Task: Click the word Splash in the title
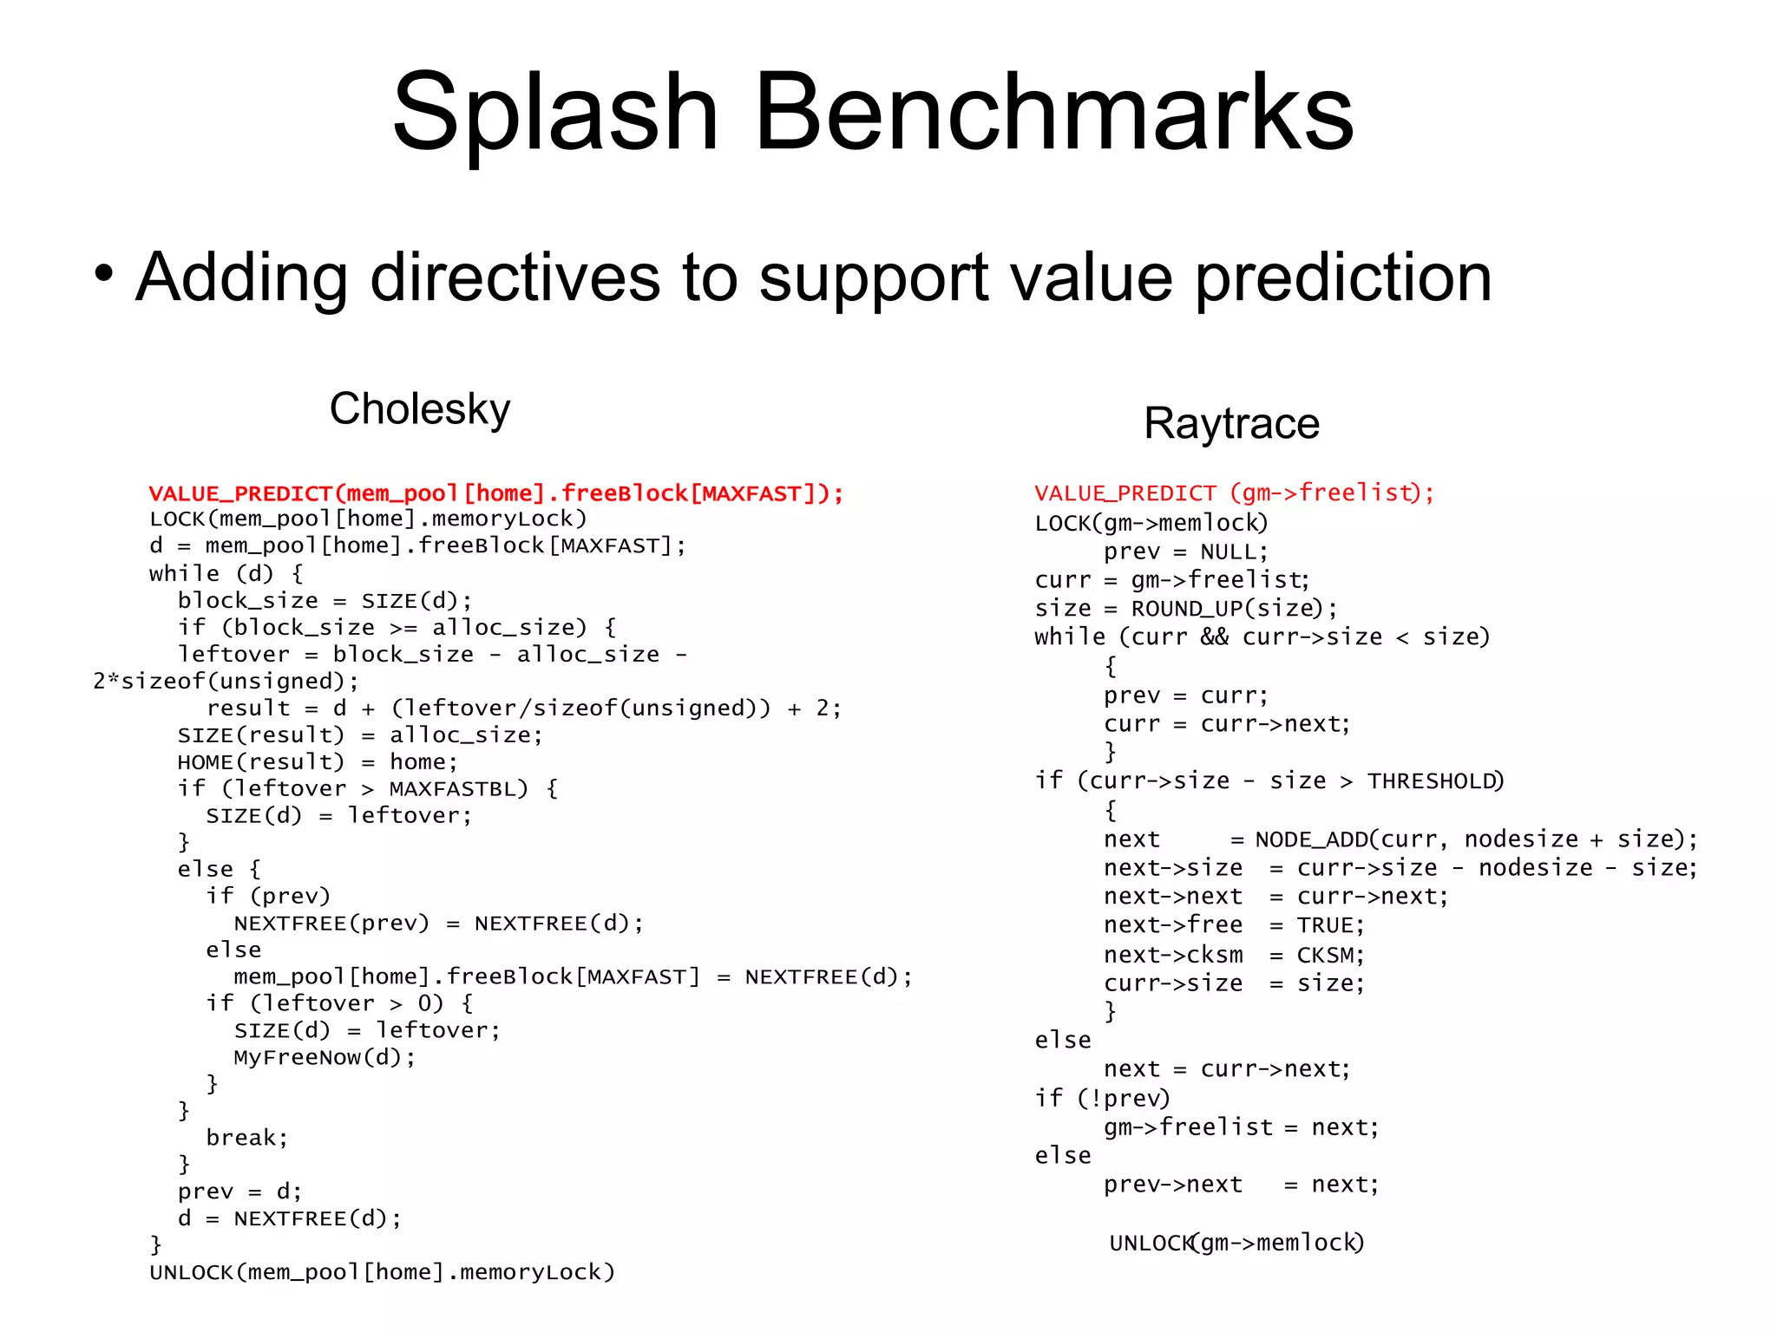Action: (555, 113)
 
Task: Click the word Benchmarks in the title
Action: (1053, 113)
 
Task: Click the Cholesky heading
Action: (420, 408)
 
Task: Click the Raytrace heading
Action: (1231, 424)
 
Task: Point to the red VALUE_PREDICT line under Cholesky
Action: (495, 493)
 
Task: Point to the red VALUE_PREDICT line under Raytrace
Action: (1234, 493)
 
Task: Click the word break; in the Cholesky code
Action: (246, 1138)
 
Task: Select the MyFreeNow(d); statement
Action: (325, 1057)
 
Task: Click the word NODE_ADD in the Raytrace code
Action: (1311, 839)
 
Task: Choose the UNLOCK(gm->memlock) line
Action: (1236, 1243)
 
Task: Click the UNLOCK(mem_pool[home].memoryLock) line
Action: (382, 1272)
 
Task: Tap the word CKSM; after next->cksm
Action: (1330, 955)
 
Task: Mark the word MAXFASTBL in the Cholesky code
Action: (457, 789)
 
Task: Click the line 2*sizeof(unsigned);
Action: (226, 682)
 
